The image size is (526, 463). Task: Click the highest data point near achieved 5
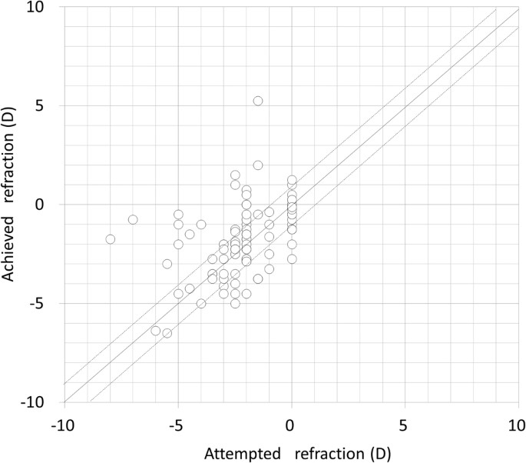(x=258, y=101)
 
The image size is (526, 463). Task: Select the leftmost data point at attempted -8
(x=110, y=239)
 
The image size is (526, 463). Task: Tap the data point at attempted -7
(x=133, y=219)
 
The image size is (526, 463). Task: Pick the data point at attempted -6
(x=156, y=331)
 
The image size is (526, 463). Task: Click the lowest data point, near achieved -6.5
(x=167, y=333)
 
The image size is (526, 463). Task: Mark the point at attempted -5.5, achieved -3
(x=167, y=264)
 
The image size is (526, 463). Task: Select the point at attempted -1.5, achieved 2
(x=258, y=165)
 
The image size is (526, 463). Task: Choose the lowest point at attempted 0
(x=292, y=259)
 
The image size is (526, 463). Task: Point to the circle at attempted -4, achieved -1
(x=201, y=225)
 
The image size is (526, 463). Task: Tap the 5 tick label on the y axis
(x=46, y=106)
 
